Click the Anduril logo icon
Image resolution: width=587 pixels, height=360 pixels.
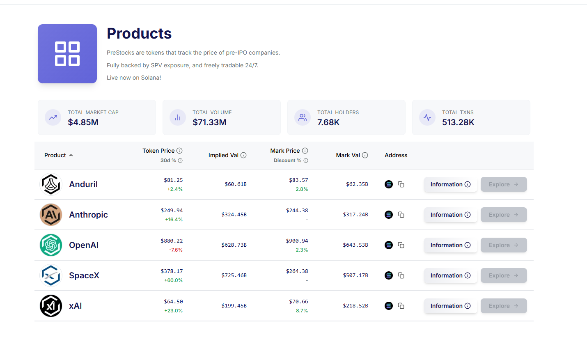pos(51,184)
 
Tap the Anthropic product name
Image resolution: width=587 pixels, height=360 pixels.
pos(88,215)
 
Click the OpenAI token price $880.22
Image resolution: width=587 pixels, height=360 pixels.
pos(172,241)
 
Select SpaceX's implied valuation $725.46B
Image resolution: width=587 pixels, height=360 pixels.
pos(234,275)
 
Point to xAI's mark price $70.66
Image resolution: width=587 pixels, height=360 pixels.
pos(298,302)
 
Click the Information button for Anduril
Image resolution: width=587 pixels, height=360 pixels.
pos(450,184)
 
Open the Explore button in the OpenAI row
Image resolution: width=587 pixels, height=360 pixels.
pos(504,245)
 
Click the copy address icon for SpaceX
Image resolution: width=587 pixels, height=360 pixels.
pos(401,275)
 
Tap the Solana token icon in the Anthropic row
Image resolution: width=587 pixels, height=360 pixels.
pos(389,215)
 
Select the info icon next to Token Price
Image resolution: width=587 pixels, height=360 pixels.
pos(179,151)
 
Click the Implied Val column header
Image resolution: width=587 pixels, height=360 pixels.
pos(223,155)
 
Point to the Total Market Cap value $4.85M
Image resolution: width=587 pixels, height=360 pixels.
pos(83,122)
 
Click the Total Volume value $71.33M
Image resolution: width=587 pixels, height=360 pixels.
pos(209,122)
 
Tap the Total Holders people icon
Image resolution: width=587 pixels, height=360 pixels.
pos(303,117)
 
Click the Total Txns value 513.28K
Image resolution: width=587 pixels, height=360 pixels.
pos(458,122)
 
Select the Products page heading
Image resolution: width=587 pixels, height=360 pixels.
pos(139,34)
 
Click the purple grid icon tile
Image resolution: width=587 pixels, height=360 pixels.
pos(67,54)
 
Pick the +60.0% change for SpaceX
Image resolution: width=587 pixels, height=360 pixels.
pos(173,280)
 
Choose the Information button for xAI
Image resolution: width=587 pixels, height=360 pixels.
pos(450,306)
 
